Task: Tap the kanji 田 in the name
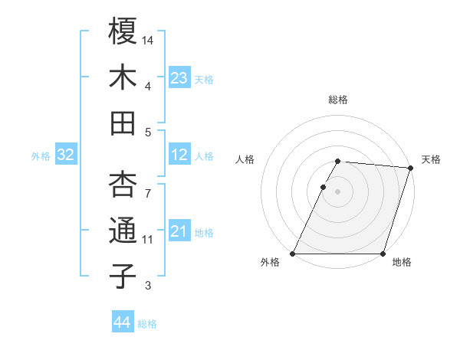pyautogui.click(x=123, y=123)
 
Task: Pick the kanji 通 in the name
pyautogui.click(x=123, y=231)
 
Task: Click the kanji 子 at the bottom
pyautogui.click(x=123, y=277)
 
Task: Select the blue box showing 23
pyautogui.click(x=179, y=78)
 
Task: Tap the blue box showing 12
pyautogui.click(x=179, y=155)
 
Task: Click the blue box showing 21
pyautogui.click(x=179, y=231)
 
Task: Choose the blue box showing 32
pyautogui.click(x=66, y=155)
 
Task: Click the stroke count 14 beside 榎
pyautogui.click(x=149, y=39)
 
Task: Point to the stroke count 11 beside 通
pyautogui.click(x=148, y=240)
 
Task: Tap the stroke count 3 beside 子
pyautogui.click(x=148, y=286)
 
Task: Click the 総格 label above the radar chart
pyautogui.click(x=338, y=100)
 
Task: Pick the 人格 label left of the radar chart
pyautogui.click(x=245, y=159)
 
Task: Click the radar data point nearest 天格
pyautogui.click(x=411, y=168)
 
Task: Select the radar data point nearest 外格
pyautogui.click(x=293, y=254)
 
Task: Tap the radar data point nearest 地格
pyautogui.click(x=383, y=254)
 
